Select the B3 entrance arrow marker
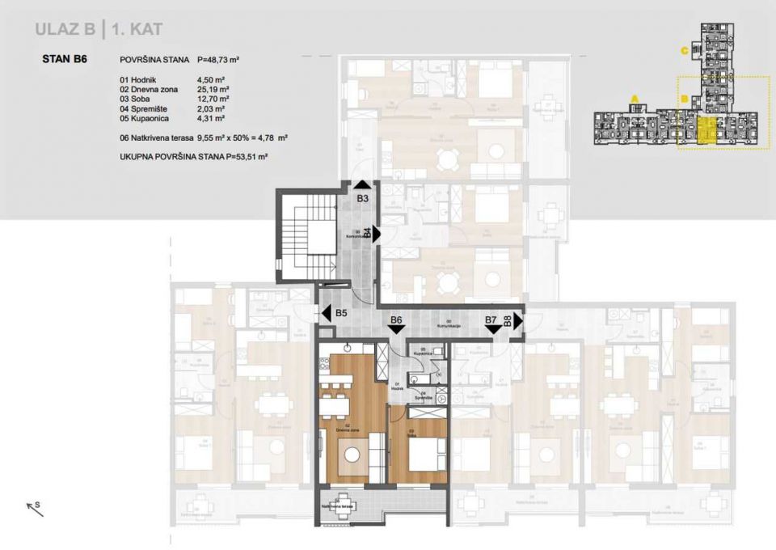(363, 187)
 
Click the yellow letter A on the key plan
(635, 99)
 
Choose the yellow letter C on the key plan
(684, 51)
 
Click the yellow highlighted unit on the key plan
(706, 132)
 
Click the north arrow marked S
(34, 508)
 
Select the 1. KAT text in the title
(137, 31)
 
